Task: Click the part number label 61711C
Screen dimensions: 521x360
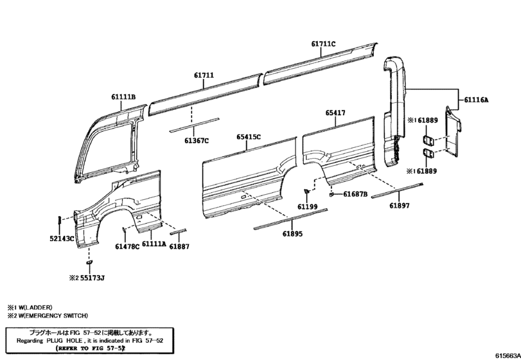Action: [323, 44]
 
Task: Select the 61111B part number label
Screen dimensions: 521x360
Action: [123, 97]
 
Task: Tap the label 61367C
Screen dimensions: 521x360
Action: [197, 141]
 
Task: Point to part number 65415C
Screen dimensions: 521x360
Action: [249, 137]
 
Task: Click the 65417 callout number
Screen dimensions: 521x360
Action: [335, 113]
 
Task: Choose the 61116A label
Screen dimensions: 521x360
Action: [476, 100]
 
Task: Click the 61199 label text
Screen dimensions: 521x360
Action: [307, 207]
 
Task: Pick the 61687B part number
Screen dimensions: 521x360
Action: [355, 194]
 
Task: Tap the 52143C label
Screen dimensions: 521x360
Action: [62, 239]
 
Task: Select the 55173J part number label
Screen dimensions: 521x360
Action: [93, 278]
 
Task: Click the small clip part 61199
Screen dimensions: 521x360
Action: [306, 192]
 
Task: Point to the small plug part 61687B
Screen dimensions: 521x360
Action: [331, 194]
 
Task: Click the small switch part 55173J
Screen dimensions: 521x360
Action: [89, 262]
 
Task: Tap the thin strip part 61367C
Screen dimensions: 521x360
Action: [195, 123]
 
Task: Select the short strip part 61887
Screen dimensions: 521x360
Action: [179, 231]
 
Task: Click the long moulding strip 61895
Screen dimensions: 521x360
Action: [290, 219]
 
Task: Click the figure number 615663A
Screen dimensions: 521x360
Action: [508, 355]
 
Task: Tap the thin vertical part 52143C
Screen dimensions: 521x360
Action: [59, 221]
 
